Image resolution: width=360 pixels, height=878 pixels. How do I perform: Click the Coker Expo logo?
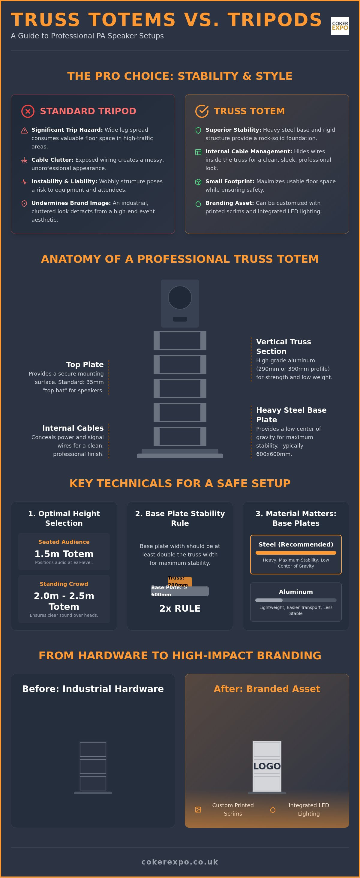pyautogui.click(x=340, y=25)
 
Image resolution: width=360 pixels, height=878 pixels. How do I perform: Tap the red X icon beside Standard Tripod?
pyautogui.click(x=28, y=111)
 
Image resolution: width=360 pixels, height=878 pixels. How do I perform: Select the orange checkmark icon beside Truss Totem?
pyautogui.click(x=202, y=111)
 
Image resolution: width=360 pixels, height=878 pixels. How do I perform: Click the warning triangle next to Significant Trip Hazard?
pyautogui.click(x=24, y=130)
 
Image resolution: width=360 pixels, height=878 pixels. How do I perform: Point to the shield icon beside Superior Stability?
pyautogui.click(x=198, y=130)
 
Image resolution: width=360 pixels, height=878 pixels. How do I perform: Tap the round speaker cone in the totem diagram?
pyautogui.click(x=180, y=298)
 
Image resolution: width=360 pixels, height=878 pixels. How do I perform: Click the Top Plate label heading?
pyautogui.click(x=85, y=364)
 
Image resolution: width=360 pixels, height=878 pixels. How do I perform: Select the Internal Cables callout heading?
pyautogui.click(x=73, y=428)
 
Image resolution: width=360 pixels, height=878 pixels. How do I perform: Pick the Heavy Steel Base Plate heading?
pyautogui.click(x=291, y=415)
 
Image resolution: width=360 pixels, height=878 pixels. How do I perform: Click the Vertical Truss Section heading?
pyautogui.click(x=283, y=346)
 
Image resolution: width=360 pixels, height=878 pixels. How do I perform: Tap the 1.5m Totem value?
pyautogui.click(x=64, y=554)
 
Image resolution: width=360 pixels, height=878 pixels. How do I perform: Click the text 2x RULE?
pyautogui.click(x=180, y=608)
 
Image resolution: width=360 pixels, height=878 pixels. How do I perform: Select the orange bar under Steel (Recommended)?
pyautogui.click(x=296, y=553)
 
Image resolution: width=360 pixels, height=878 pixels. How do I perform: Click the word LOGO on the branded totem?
pyautogui.click(x=267, y=766)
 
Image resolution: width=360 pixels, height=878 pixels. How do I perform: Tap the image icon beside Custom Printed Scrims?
pyautogui.click(x=198, y=810)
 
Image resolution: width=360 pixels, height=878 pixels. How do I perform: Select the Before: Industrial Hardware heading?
pyautogui.click(x=93, y=689)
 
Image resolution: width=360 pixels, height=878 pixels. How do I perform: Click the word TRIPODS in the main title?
pyautogui.click(x=275, y=20)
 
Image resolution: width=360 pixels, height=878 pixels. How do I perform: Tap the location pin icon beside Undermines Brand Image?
pyautogui.click(x=24, y=204)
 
